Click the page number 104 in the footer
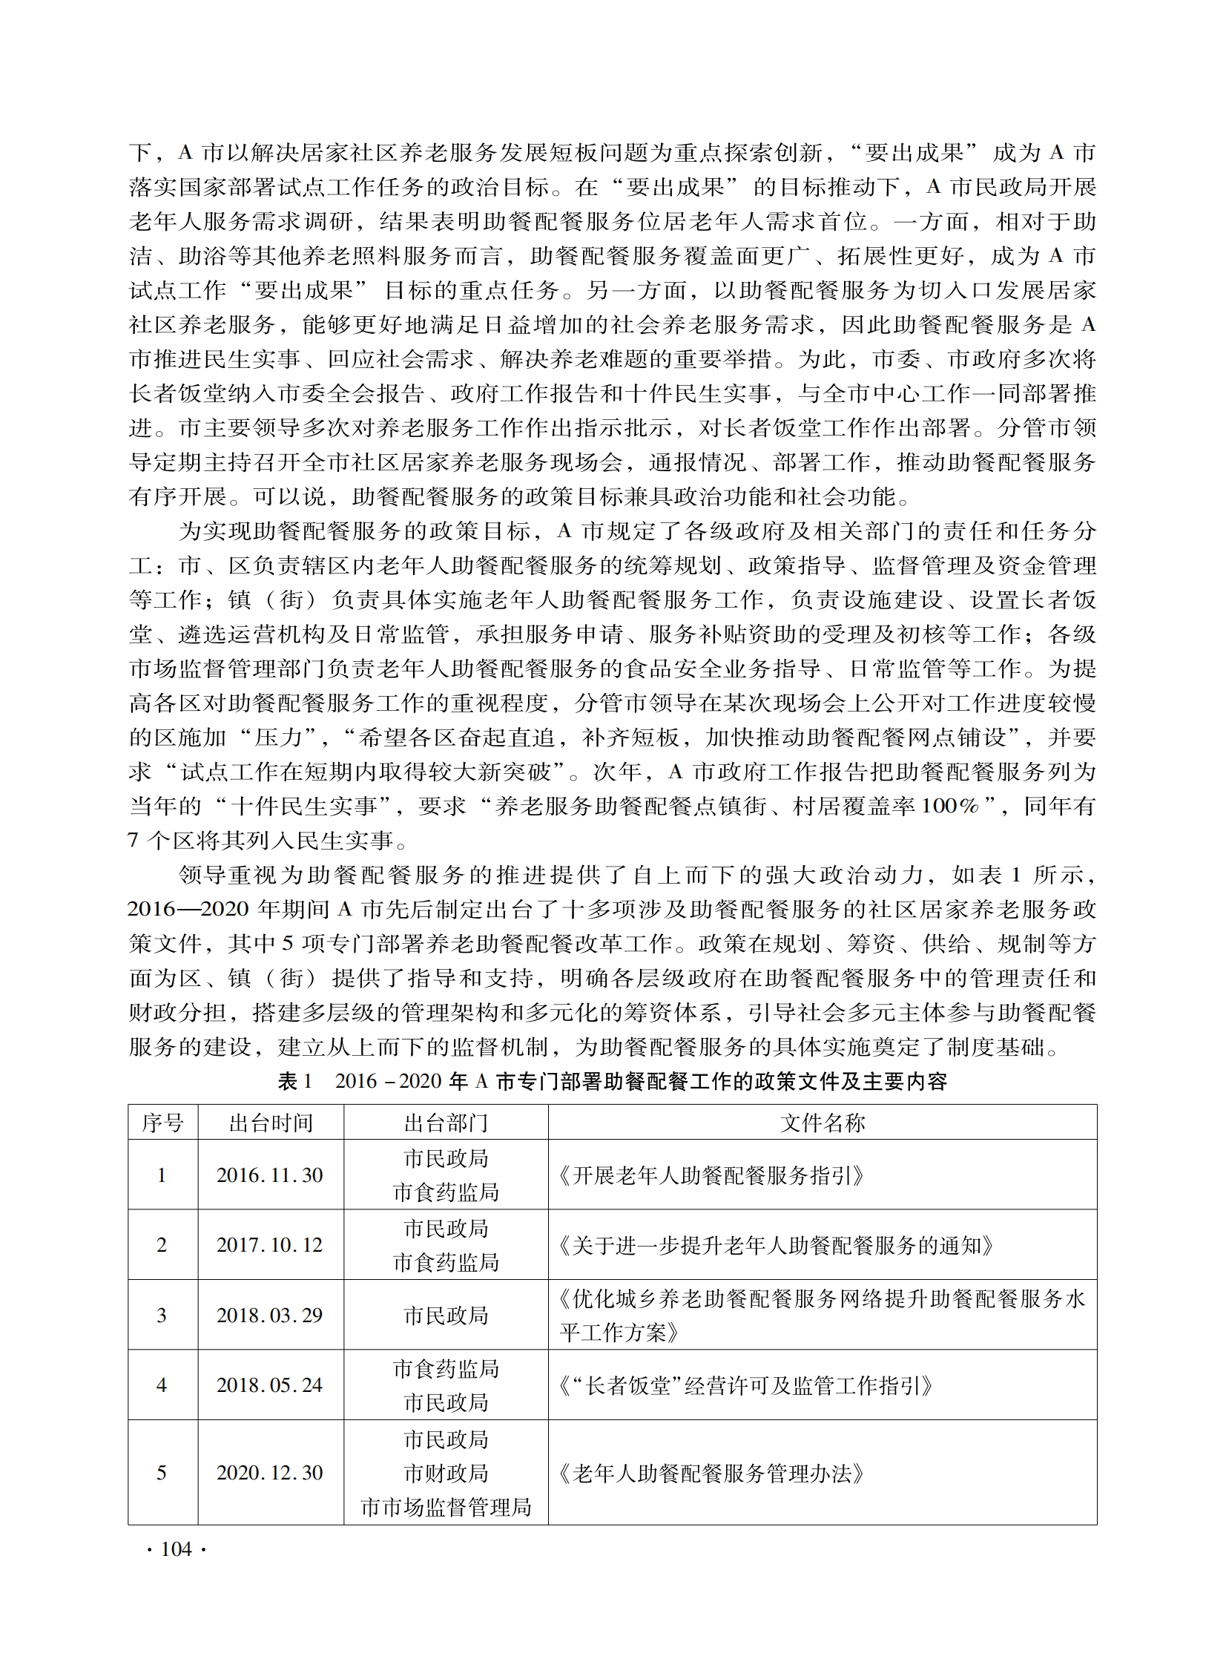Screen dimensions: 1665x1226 pos(176,1549)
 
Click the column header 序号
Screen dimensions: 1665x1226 pos(162,1123)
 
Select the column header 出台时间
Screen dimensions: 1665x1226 pos(270,1123)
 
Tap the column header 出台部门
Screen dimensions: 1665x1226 pos(445,1123)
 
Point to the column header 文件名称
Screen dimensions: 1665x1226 pos(822,1123)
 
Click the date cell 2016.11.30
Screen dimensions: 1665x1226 pos(270,1175)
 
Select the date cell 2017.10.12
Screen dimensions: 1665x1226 pos(270,1245)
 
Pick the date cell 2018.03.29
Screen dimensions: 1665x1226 pos(270,1316)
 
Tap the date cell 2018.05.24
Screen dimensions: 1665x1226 pos(270,1385)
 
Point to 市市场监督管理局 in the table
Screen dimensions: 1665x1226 pos(445,1507)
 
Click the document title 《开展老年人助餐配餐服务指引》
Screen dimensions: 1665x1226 pos(711,1176)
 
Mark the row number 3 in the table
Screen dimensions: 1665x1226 pos(162,1316)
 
